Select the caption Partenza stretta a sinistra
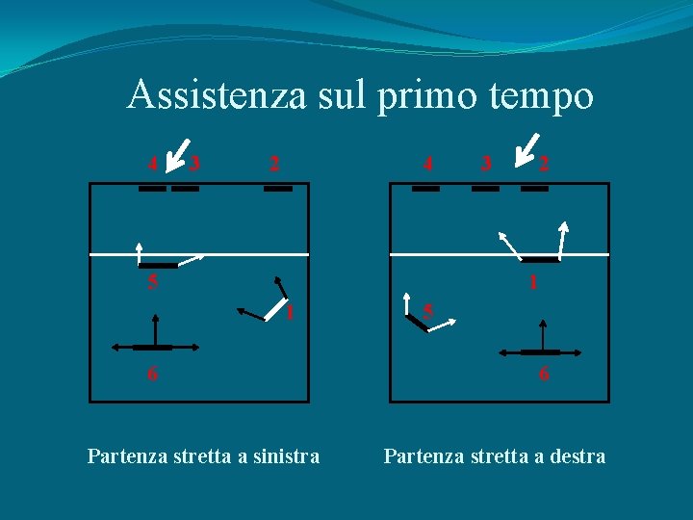(x=203, y=455)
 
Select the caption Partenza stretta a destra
(x=495, y=455)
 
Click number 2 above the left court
(x=274, y=163)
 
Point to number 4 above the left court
(x=152, y=163)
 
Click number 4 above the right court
(x=427, y=163)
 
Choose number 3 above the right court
(x=486, y=163)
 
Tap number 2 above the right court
(x=544, y=163)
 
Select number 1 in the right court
(x=531, y=283)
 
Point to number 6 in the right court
(x=544, y=375)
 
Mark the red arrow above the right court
(x=526, y=148)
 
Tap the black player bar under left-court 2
(x=277, y=189)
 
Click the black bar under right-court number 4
(x=425, y=189)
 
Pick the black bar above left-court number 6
(x=152, y=347)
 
